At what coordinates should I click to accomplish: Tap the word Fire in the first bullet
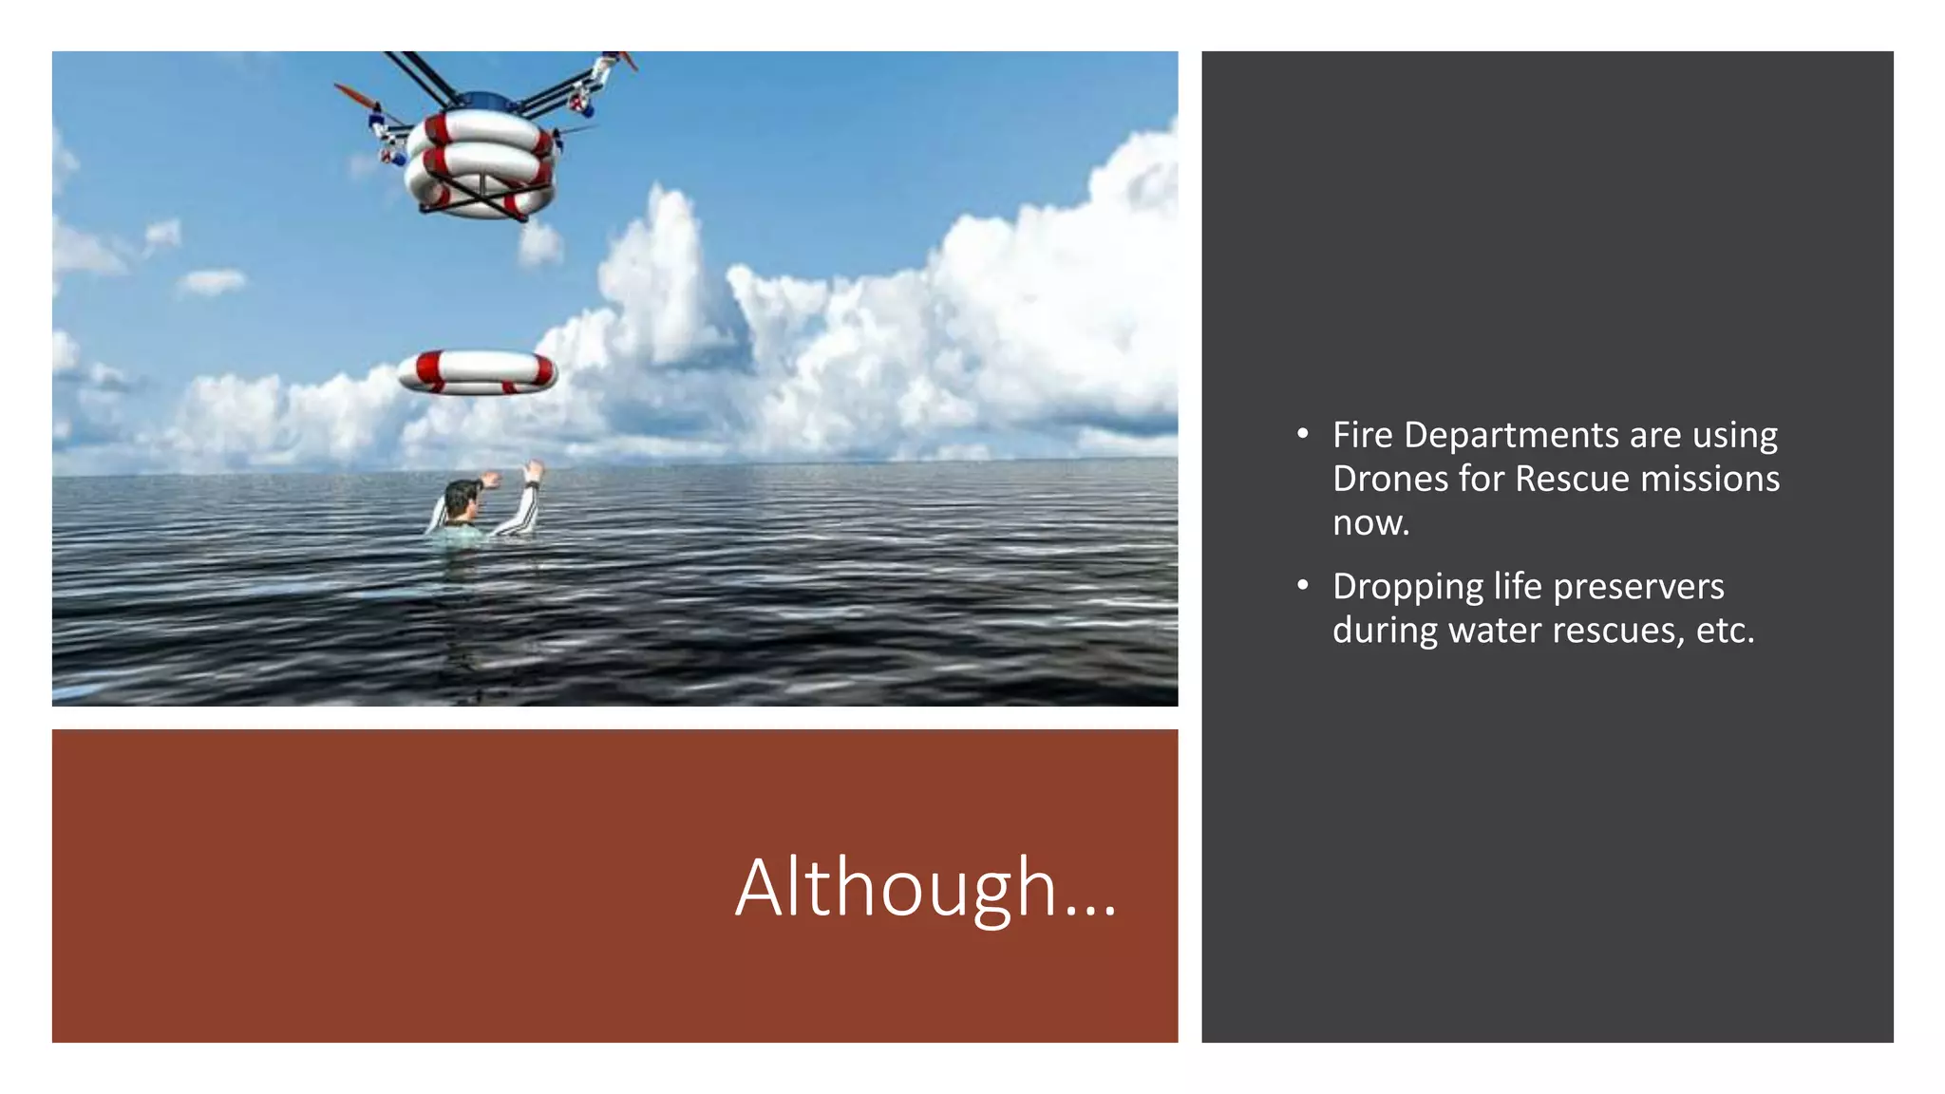coord(1362,435)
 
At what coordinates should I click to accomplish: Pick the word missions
coord(1709,479)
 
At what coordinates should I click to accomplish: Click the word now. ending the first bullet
coord(1370,522)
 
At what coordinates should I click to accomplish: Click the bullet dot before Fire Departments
coord(1303,435)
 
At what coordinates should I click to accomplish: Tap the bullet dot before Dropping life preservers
coord(1303,586)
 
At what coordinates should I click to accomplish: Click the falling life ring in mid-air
coord(477,371)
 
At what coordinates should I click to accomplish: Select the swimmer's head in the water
coord(463,499)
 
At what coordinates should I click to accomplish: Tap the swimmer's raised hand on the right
coord(533,471)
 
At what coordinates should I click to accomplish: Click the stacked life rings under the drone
coord(480,163)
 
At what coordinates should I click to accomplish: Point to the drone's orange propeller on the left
coord(353,95)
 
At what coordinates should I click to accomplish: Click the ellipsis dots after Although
coord(1090,913)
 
